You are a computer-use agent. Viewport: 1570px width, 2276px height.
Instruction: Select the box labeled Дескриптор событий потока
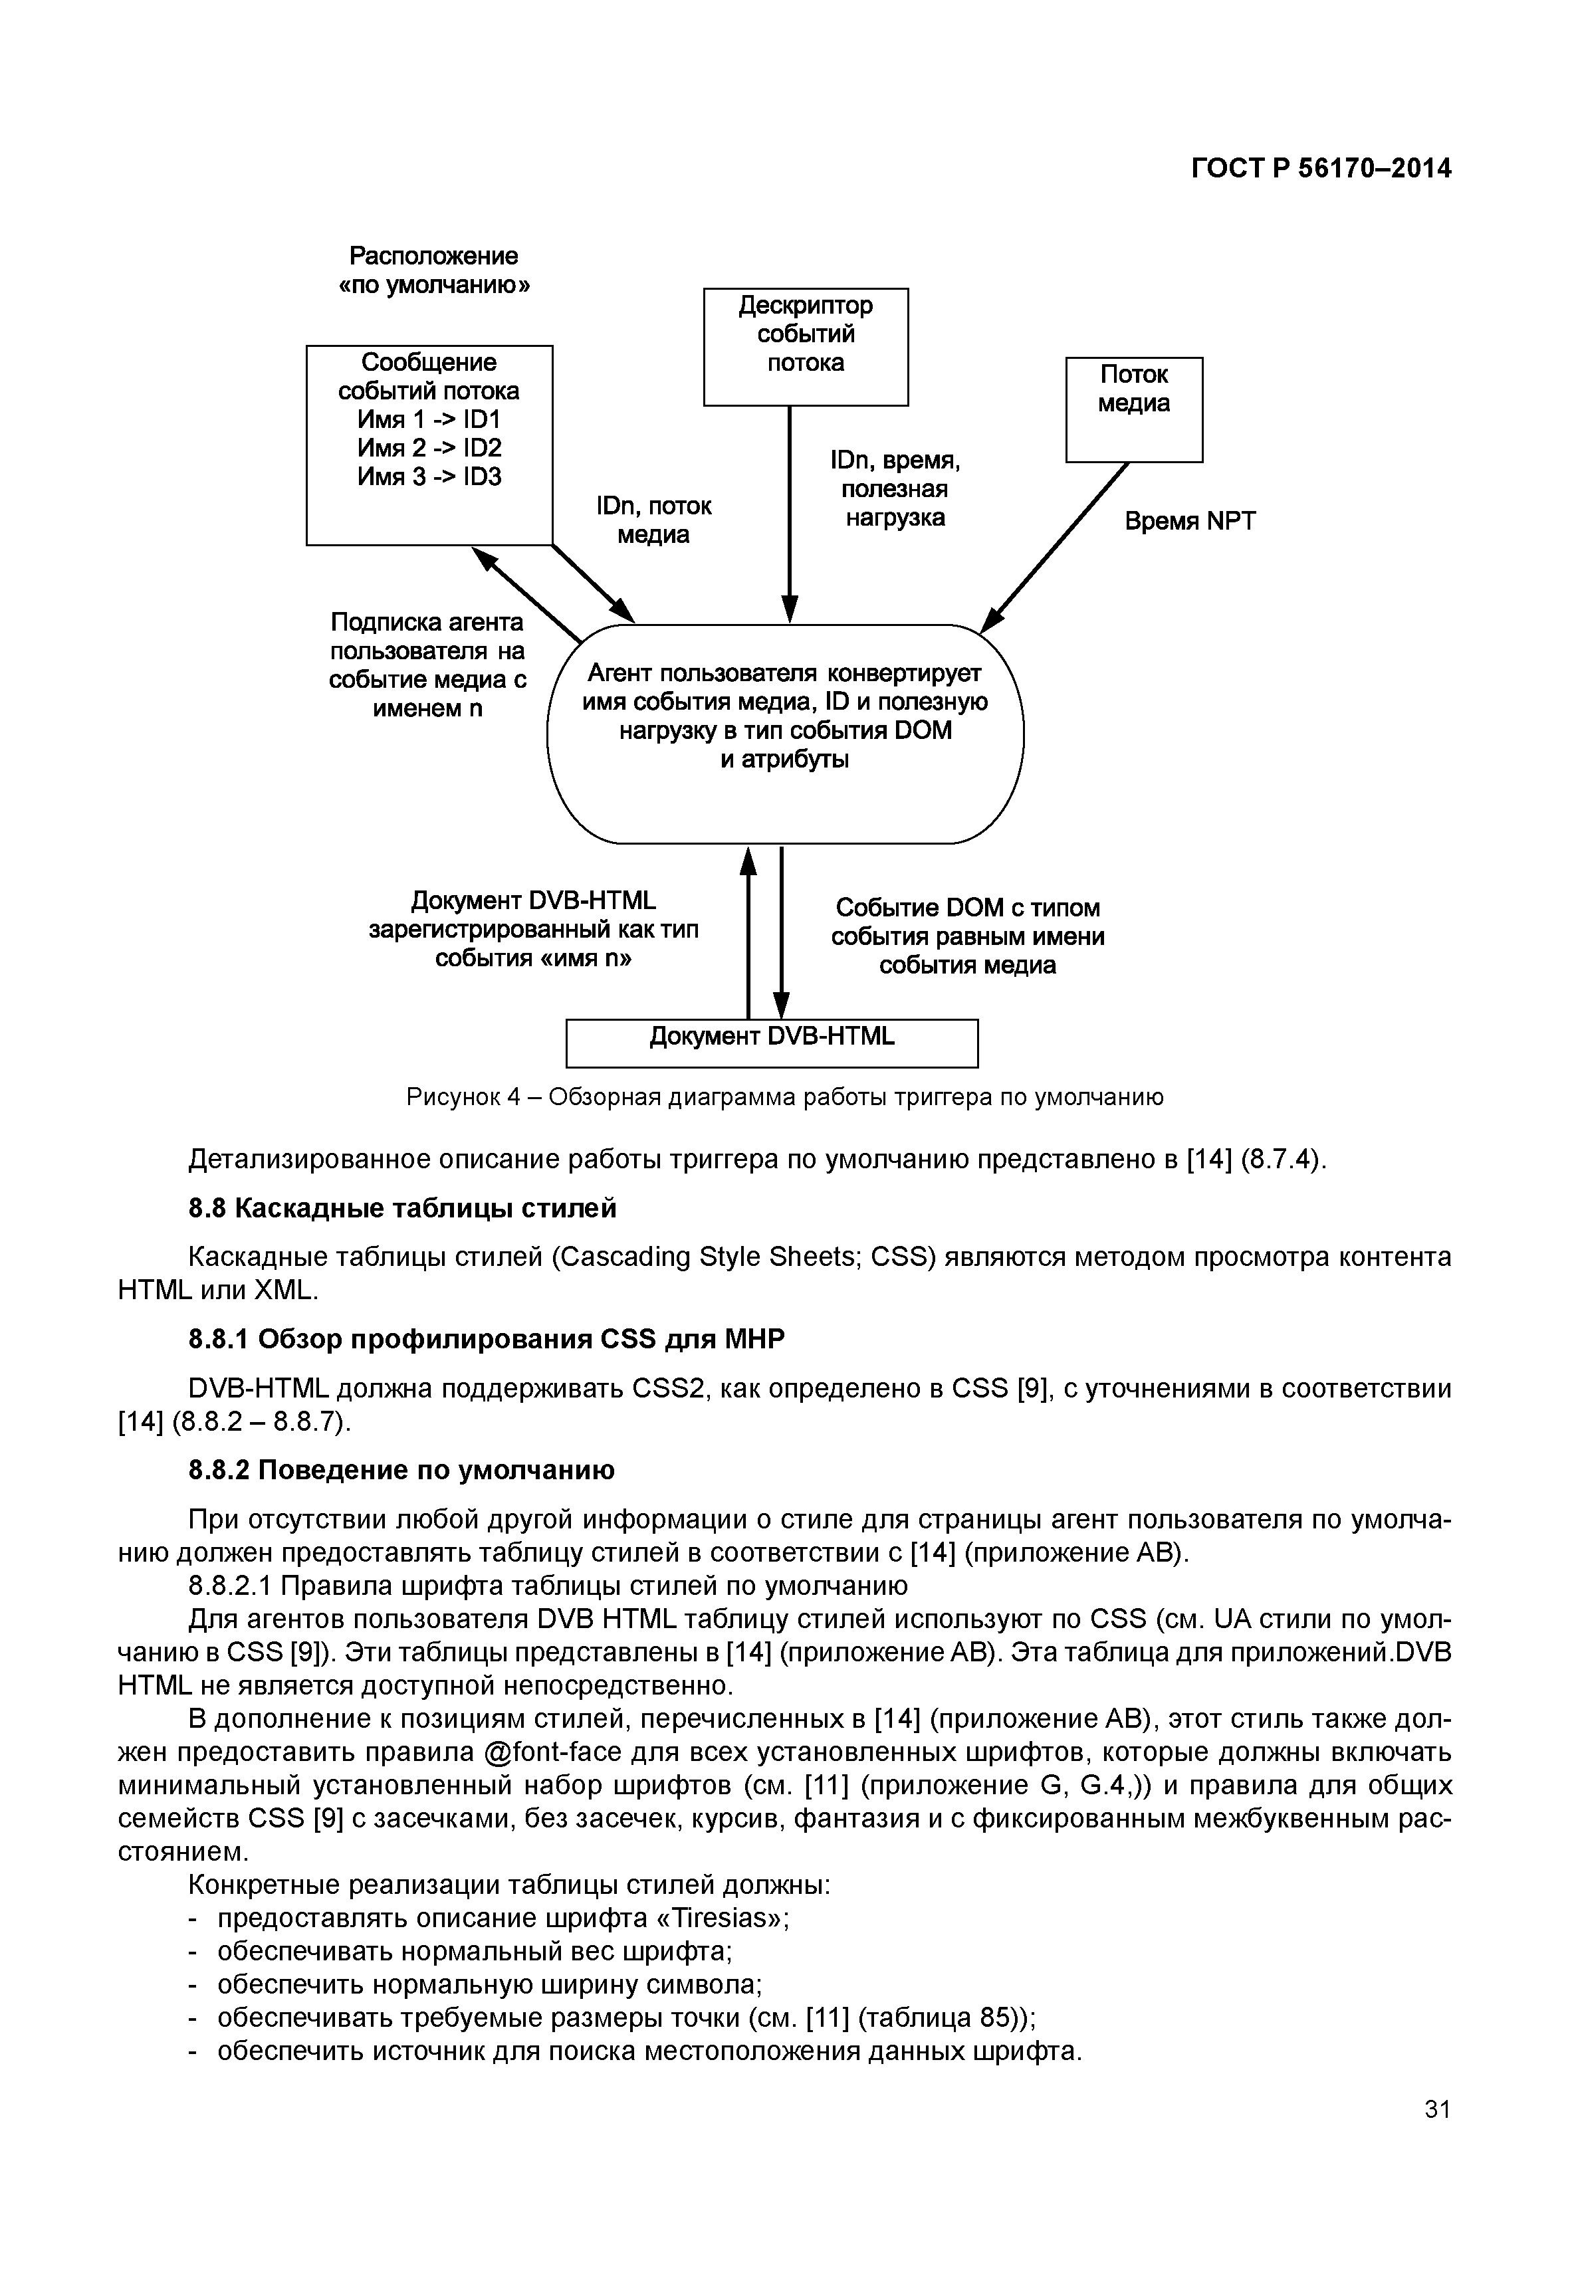[805, 346]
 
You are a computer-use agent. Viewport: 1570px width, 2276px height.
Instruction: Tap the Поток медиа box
[1133, 409]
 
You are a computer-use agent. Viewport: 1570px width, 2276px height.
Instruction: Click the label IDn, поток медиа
[653, 520]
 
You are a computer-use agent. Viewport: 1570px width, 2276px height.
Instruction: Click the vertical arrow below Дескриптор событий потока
[789, 512]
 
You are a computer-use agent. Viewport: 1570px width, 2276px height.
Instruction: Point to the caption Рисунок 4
[784, 1096]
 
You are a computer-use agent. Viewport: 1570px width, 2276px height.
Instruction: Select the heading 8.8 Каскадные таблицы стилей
[402, 1208]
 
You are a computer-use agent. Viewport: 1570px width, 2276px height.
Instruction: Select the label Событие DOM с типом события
[967, 936]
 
